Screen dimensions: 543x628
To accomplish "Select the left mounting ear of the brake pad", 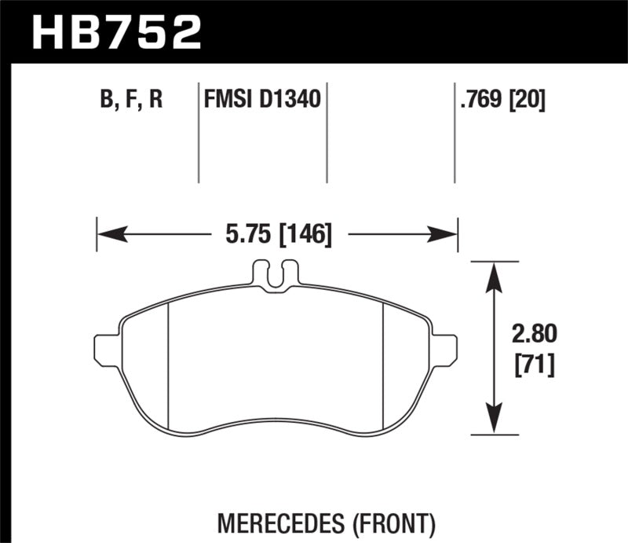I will coord(107,350).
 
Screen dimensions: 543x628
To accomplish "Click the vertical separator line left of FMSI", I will coord(198,134).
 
